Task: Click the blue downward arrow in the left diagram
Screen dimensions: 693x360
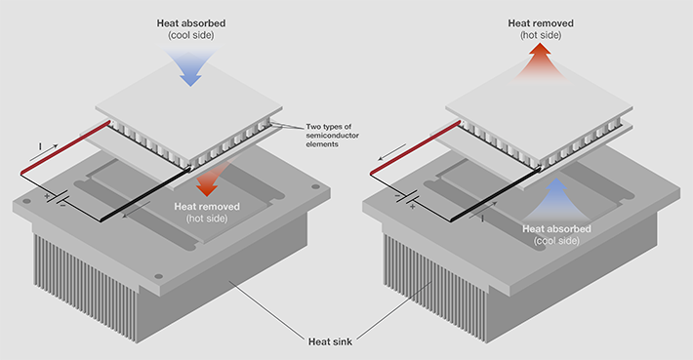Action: [190, 67]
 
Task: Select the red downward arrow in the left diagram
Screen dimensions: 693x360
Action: [209, 180]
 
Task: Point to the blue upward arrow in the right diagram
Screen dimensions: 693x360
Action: [558, 199]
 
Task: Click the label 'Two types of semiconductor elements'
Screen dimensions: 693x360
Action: [332, 136]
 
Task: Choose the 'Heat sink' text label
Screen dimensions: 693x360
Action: [330, 341]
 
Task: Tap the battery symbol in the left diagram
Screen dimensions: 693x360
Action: [57, 198]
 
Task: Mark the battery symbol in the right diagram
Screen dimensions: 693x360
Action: [406, 198]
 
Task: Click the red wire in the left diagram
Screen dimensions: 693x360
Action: [65, 147]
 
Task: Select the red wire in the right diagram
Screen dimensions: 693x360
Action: [415, 147]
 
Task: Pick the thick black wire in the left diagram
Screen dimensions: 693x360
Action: [146, 193]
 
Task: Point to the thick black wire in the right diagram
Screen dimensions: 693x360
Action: [496, 193]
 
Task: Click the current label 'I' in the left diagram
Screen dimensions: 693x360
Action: [40, 146]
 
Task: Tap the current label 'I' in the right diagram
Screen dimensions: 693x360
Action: [482, 219]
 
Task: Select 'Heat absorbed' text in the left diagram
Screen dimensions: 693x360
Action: [191, 23]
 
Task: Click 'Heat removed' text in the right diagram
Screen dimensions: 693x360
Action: [541, 23]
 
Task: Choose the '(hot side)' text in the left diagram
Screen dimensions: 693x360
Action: [207, 219]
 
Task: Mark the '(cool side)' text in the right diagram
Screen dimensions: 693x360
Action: [556, 241]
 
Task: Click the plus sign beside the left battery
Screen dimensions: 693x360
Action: [47, 195]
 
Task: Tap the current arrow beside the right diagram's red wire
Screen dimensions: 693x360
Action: [392, 151]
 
